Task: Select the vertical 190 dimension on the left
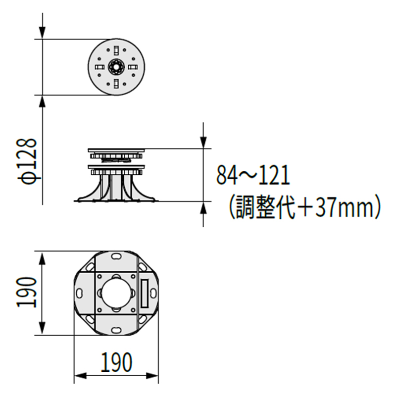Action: pyautogui.click(x=28, y=292)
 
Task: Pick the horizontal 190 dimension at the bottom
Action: pyautogui.click(x=117, y=363)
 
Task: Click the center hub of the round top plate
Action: pyautogui.click(x=116, y=66)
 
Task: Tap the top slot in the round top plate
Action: pyautogui.click(x=116, y=50)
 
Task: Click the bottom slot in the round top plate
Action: pyautogui.click(x=116, y=83)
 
